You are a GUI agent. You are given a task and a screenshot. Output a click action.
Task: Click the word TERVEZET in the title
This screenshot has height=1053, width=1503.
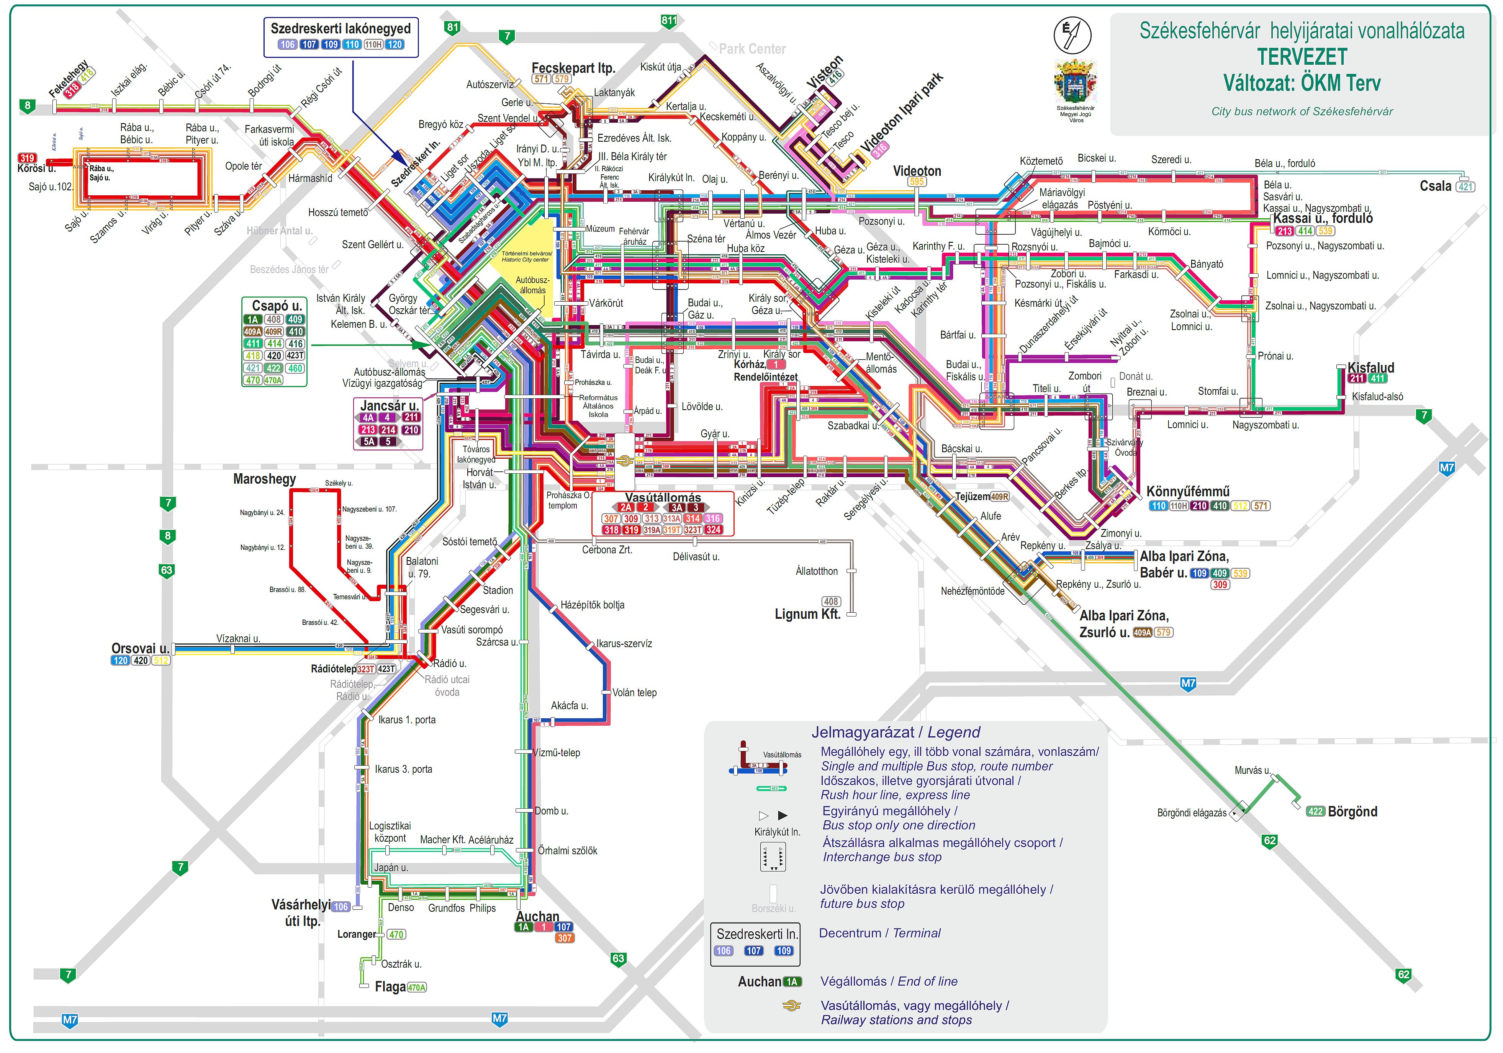pos(1302,57)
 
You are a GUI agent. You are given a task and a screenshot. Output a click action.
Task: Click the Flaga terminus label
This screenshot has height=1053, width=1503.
pos(390,987)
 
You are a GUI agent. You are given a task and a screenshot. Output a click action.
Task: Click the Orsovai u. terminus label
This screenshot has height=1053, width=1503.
pos(140,649)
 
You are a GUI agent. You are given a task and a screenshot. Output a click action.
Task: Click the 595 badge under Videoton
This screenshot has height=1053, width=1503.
pos(917,182)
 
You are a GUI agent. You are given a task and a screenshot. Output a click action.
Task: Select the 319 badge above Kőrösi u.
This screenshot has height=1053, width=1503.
pos(27,158)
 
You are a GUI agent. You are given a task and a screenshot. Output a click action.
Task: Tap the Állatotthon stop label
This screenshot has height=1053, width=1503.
pos(816,571)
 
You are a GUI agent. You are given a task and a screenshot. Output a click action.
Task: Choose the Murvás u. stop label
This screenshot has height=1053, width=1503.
pos(1252,770)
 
